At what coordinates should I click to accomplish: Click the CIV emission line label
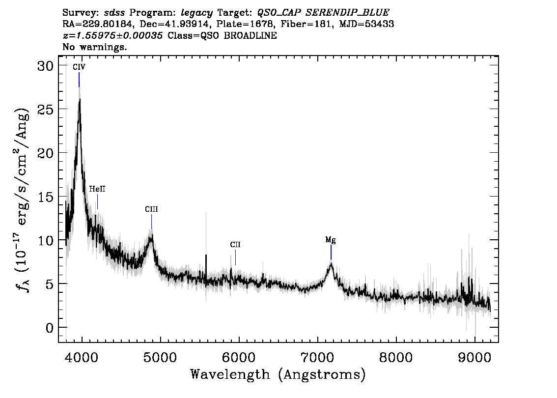[x=79, y=67]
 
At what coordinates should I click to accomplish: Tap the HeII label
[x=97, y=189]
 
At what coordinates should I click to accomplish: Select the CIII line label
[x=151, y=209]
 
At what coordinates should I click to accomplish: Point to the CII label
[x=235, y=245]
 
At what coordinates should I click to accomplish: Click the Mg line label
[x=331, y=240]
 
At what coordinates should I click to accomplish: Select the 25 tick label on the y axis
[x=46, y=109]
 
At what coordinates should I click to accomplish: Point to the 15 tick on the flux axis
[x=46, y=197]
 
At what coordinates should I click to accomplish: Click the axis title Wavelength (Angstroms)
[x=278, y=375]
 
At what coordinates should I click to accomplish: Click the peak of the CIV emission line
[x=80, y=99]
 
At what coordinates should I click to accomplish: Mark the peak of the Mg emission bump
[x=331, y=264]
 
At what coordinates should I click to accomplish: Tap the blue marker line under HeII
[x=97, y=202]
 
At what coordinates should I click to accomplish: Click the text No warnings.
[x=95, y=47]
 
